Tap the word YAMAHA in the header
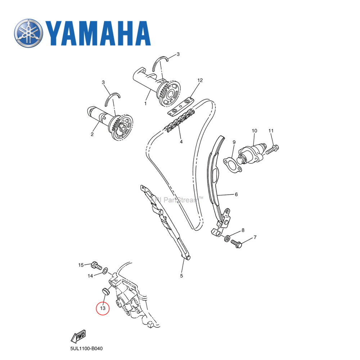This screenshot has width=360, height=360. pyautogui.click(x=98, y=33)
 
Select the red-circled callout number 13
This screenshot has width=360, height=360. pyautogui.click(x=103, y=309)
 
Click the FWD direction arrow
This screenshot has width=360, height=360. pyautogui.click(x=78, y=336)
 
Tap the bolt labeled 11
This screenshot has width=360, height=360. pyautogui.click(x=273, y=147)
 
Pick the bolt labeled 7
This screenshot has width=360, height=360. pyautogui.click(x=237, y=243)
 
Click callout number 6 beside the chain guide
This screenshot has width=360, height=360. pyautogui.click(x=236, y=195)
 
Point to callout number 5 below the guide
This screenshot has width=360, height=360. pyautogui.click(x=181, y=276)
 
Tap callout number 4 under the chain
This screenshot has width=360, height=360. pyautogui.click(x=181, y=142)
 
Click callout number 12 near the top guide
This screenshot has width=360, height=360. pyautogui.click(x=200, y=80)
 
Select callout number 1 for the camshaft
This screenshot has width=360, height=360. pyautogui.click(x=145, y=103)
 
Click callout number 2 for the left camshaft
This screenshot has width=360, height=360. pyautogui.click(x=92, y=134)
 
